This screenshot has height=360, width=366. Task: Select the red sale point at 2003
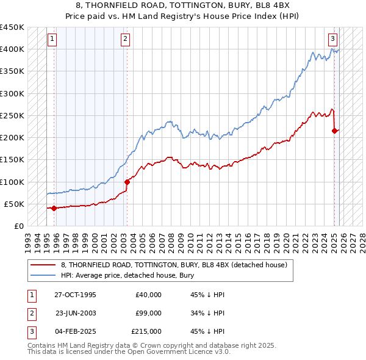(127, 182)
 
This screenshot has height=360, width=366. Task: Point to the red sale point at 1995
(54, 208)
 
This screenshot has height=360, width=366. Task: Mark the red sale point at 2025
(335, 131)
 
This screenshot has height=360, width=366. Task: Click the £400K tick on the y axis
(12, 49)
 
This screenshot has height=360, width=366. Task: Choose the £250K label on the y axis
(12, 115)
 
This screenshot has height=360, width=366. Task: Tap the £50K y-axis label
(15, 204)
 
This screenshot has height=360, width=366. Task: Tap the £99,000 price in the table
(148, 313)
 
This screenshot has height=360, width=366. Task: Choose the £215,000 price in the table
(146, 331)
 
